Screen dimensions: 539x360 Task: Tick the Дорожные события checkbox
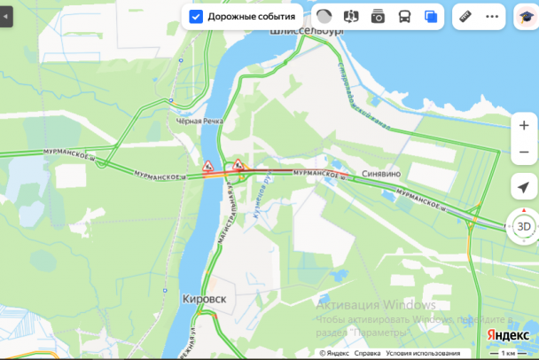[x=196, y=16]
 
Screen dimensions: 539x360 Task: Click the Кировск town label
[x=204, y=300]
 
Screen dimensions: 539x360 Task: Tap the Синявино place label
[x=383, y=175]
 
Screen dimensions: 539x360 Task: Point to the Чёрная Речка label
[x=199, y=121]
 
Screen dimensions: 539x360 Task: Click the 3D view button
[x=524, y=226]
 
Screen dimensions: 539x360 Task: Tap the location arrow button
[x=524, y=187]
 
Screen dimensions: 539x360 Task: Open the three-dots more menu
[x=493, y=16]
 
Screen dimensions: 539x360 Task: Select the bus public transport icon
[x=404, y=16]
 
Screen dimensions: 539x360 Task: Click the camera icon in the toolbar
[x=378, y=16]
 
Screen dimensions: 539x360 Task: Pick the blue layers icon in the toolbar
[x=432, y=16]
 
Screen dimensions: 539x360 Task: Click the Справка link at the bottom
[x=367, y=353]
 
